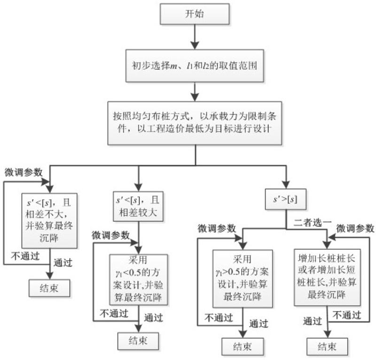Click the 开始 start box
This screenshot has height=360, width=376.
(195, 14)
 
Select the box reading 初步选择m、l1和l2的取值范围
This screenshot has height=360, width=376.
(195, 66)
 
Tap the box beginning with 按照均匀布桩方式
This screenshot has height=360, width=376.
(195, 123)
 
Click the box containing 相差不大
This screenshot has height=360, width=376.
(49, 221)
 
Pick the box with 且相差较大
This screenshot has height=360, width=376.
(138, 206)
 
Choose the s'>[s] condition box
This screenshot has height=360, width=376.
(286, 200)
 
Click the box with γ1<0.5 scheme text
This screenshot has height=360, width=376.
(139, 280)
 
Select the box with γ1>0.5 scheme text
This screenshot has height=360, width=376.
(243, 279)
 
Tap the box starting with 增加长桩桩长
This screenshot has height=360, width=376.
(327, 277)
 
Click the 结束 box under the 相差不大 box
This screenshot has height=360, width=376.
(49, 288)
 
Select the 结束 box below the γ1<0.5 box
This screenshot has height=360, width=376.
(138, 341)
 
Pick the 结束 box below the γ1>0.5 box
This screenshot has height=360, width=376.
(243, 346)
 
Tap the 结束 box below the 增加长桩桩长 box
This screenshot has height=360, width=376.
(327, 346)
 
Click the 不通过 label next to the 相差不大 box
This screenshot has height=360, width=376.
(25, 256)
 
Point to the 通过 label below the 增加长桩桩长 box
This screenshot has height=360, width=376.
(313, 321)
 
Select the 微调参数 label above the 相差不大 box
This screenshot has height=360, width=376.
(23, 172)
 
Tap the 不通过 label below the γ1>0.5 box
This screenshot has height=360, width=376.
(219, 318)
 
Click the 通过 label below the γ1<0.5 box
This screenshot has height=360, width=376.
(154, 318)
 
